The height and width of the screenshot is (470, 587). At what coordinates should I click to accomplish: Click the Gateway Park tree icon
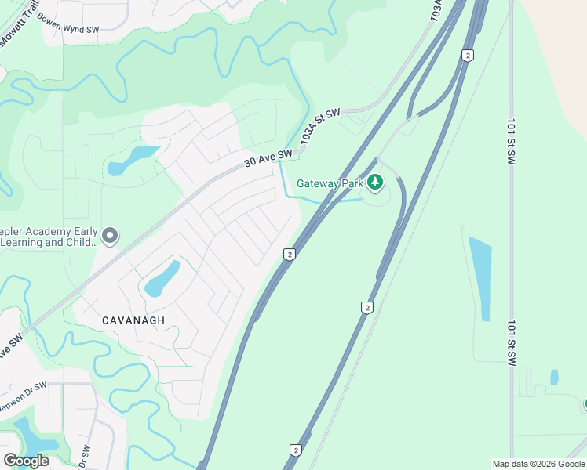375,183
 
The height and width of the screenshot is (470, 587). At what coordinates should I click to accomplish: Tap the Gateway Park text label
330,184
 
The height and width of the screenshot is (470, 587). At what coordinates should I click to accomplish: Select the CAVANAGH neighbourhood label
134,320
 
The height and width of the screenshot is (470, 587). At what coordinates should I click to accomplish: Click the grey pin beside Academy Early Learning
110,234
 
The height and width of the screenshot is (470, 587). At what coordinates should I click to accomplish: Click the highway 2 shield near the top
467,55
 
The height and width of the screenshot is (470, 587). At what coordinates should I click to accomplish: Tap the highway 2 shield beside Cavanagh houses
290,254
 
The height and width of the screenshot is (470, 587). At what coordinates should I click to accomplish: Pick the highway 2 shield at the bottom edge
295,450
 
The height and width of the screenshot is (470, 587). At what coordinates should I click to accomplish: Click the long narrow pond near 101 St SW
480,277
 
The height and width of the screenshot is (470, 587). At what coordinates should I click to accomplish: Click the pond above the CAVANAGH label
162,278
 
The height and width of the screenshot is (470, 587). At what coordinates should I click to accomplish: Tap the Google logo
26,460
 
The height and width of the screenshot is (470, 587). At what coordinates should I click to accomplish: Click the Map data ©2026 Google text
538,464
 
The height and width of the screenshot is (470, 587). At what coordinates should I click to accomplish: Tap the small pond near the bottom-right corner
554,378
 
